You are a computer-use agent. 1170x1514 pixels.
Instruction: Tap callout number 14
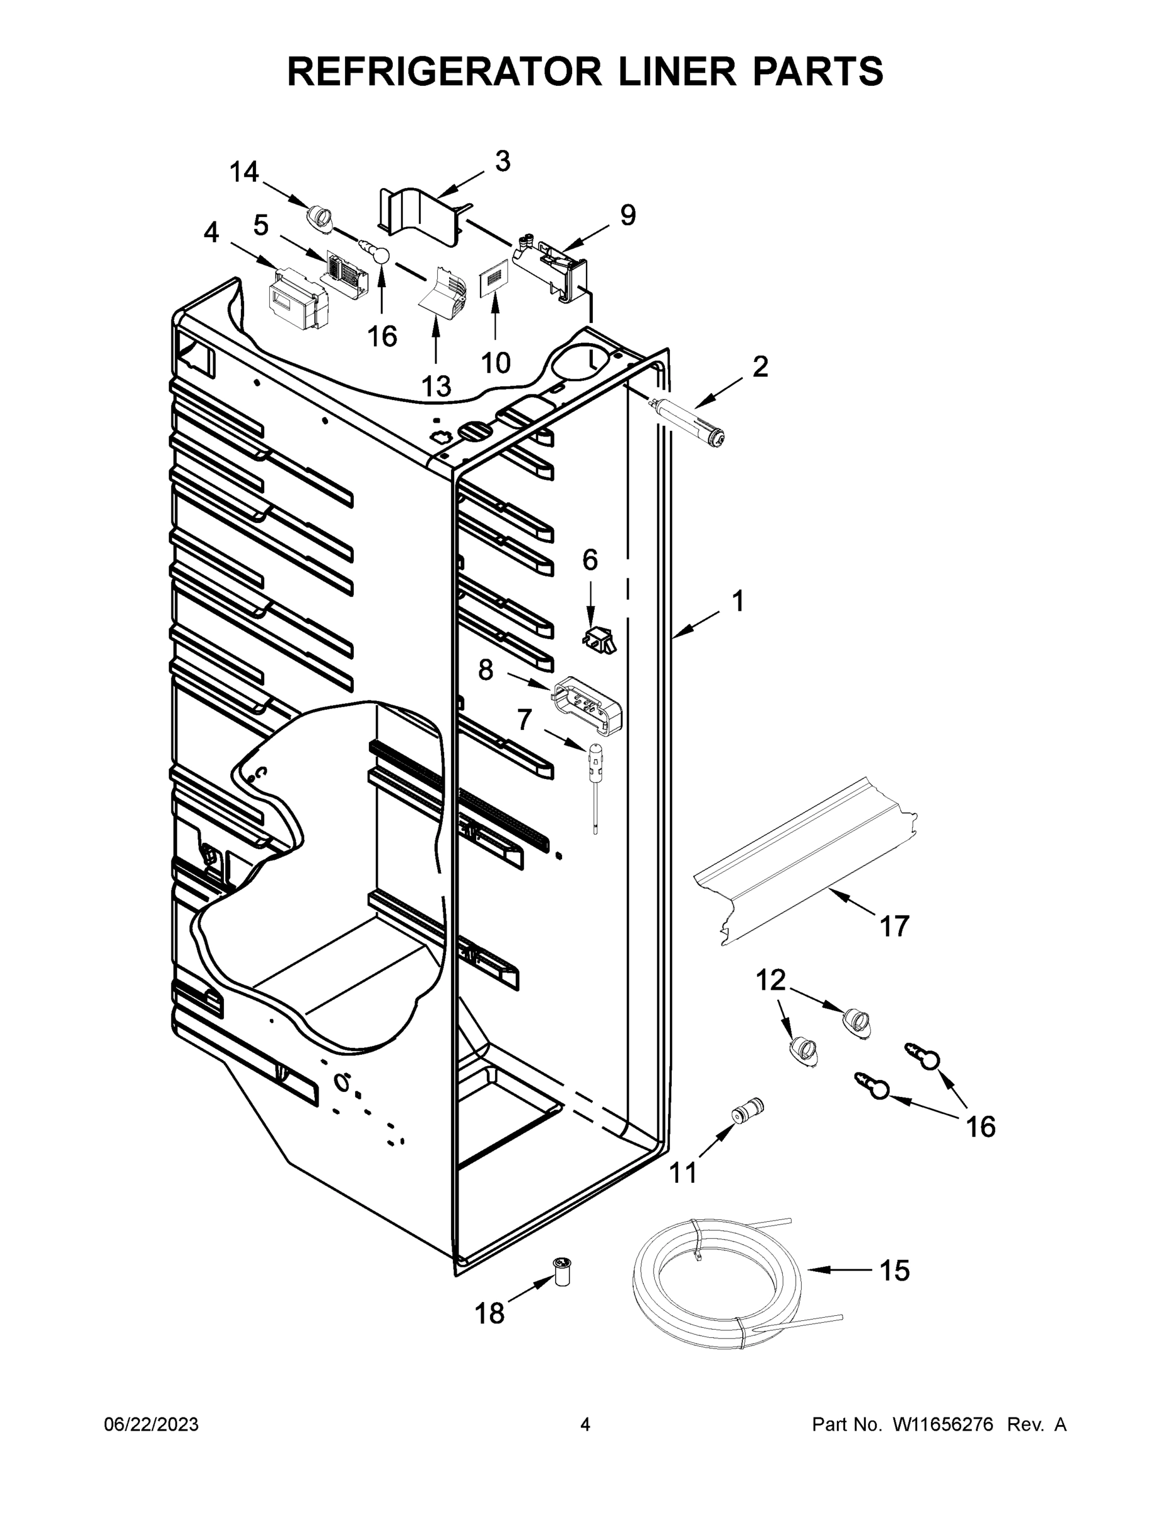[x=244, y=172]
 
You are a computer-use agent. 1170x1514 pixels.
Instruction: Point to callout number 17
[x=894, y=926]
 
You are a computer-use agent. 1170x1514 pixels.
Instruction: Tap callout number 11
[x=684, y=1172]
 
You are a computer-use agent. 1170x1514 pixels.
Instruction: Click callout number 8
[x=486, y=671]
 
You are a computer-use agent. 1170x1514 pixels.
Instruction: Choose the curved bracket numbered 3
[x=419, y=212]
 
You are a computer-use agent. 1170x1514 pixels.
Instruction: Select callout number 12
[x=770, y=980]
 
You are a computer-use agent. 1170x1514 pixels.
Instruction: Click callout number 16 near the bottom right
[x=981, y=1127]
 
